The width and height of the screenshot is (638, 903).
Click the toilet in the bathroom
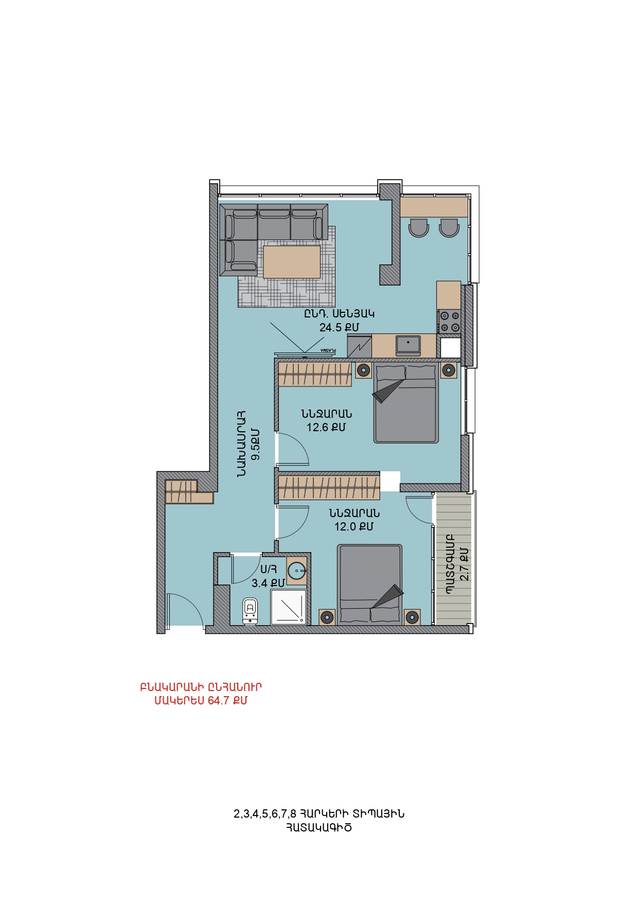[x=250, y=611]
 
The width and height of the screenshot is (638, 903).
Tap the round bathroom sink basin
[x=297, y=571]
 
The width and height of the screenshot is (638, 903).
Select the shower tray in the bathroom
[x=289, y=607]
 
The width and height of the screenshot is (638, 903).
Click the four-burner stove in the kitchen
[x=449, y=322]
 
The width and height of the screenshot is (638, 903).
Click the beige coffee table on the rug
[x=292, y=262]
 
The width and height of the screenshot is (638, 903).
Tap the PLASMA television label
[x=328, y=350]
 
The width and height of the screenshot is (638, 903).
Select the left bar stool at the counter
[x=418, y=227]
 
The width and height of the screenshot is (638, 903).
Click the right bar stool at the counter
[x=449, y=227]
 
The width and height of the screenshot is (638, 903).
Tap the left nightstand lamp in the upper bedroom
[x=363, y=370]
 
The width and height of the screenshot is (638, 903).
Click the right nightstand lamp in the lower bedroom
[x=412, y=617]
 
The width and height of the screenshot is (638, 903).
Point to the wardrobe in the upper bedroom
[x=315, y=374]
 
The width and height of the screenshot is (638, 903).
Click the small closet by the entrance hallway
[x=188, y=491]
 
